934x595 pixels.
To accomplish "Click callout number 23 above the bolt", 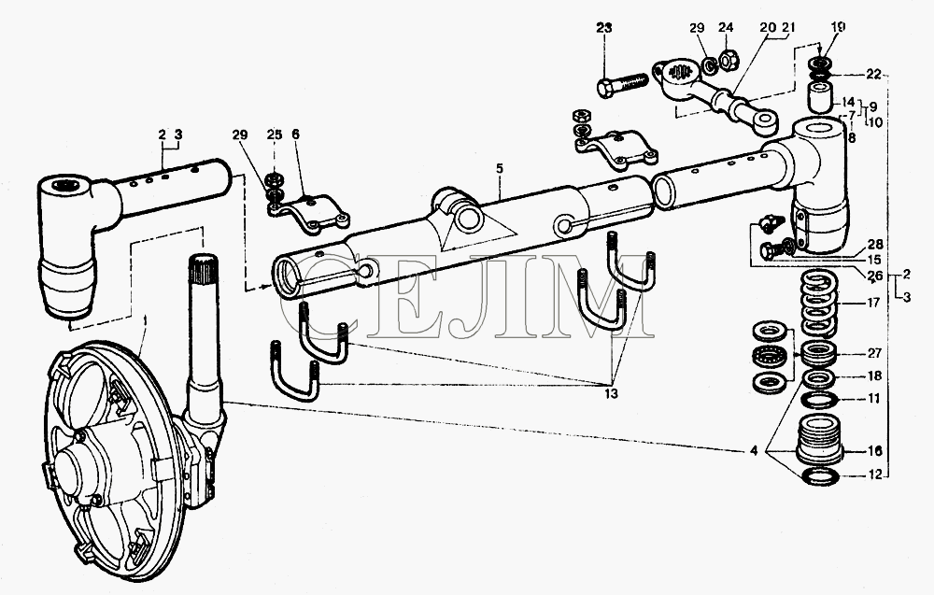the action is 603,28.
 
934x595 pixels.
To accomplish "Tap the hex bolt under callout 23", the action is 622,84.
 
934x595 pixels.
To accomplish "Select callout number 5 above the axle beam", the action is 499,168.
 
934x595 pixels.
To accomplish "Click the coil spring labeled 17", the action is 820,305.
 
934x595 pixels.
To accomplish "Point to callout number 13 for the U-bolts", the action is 611,393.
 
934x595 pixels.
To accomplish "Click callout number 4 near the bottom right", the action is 754,451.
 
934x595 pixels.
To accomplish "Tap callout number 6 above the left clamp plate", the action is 295,135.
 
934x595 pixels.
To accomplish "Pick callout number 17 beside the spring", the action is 873,304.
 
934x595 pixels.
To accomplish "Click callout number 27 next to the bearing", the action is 874,353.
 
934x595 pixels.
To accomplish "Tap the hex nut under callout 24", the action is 728,59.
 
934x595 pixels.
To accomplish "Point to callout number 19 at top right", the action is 838,27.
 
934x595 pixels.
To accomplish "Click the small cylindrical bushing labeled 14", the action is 820,97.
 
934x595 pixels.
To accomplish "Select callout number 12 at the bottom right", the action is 874,475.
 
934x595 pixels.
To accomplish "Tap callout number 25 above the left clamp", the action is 274,135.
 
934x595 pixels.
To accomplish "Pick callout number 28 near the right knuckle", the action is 875,244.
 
